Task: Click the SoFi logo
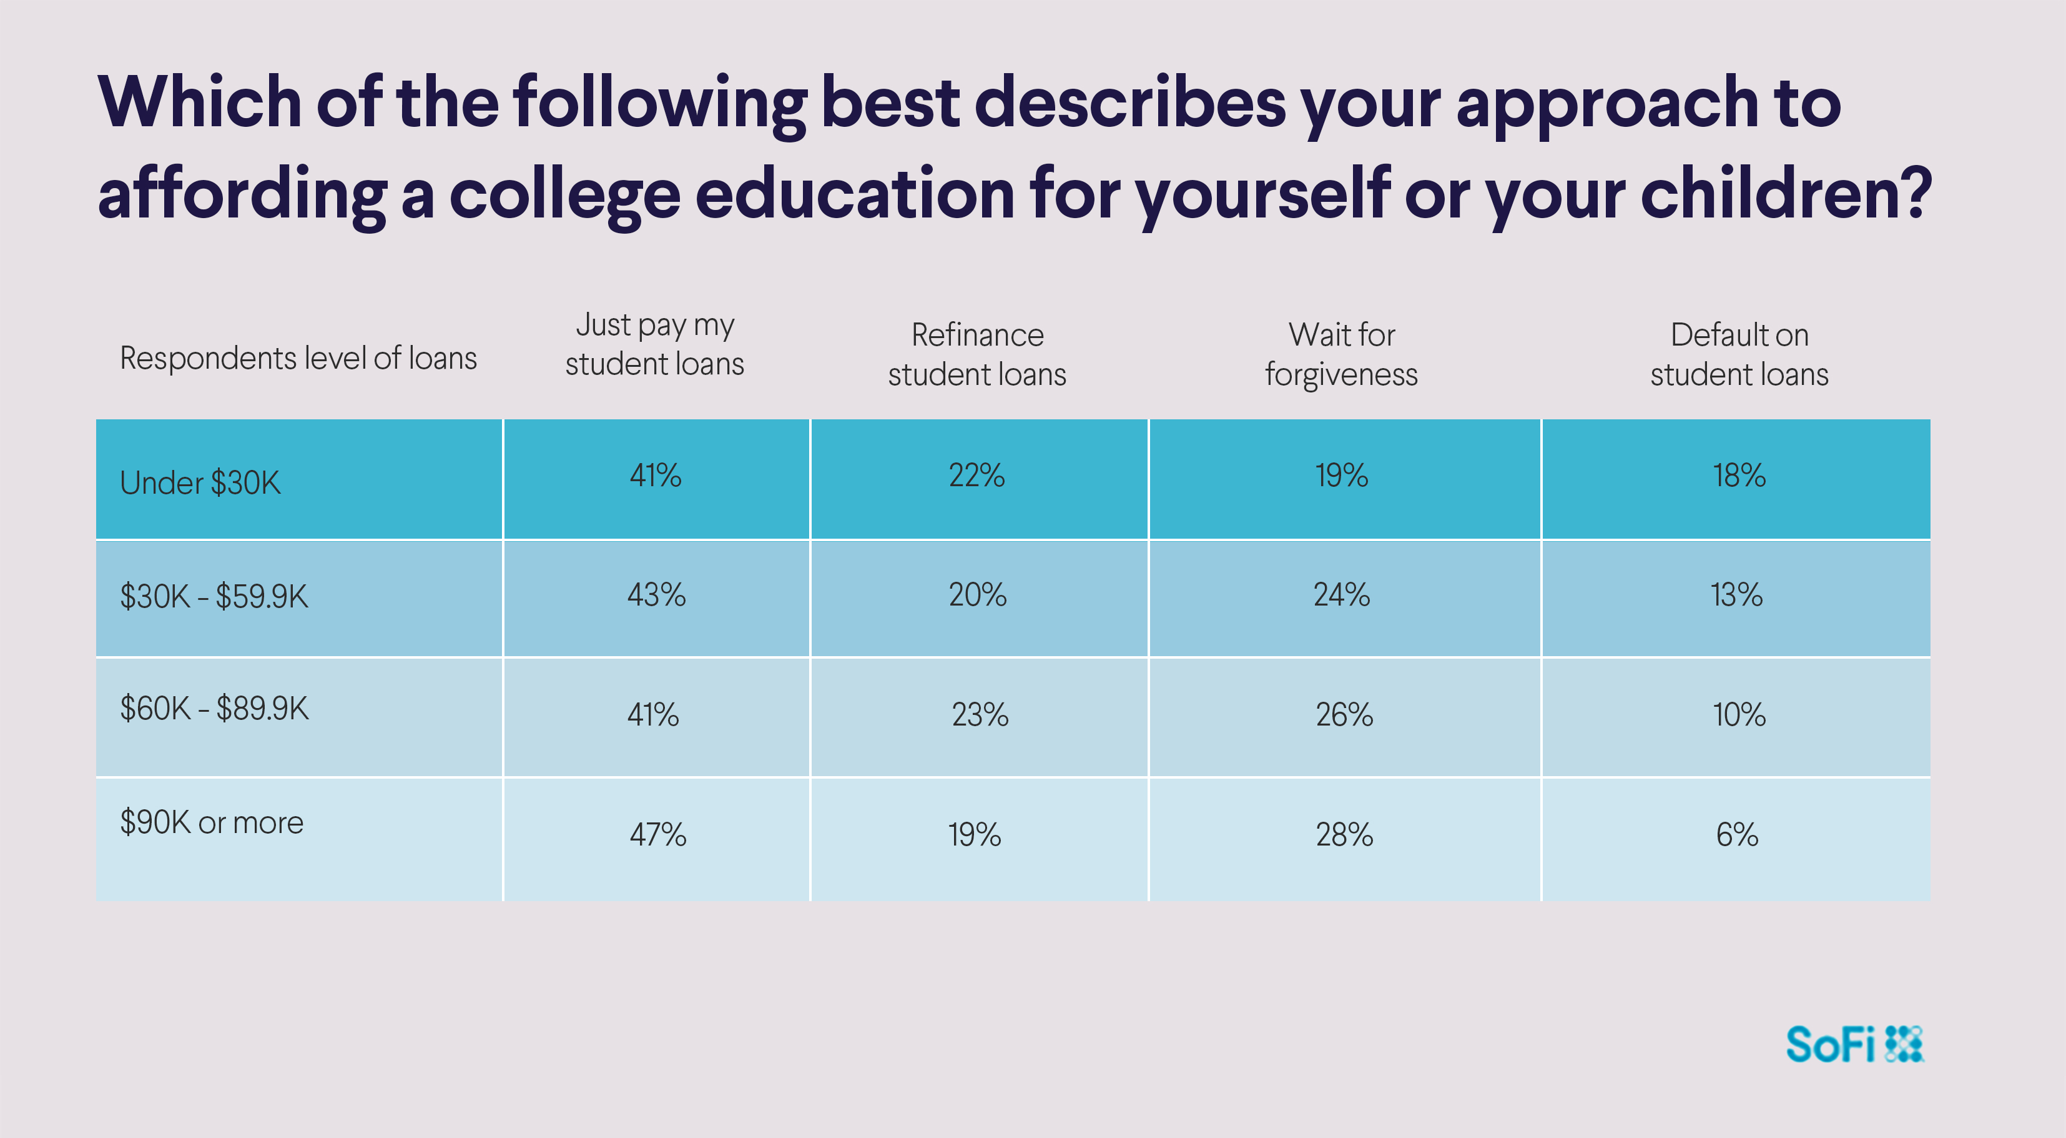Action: pyautogui.click(x=1854, y=1044)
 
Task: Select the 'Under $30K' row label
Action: pyautogui.click(x=200, y=482)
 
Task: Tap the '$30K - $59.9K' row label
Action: pyautogui.click(x=214, y=596)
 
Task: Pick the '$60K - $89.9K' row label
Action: pyautogui.click(x=214, y=709)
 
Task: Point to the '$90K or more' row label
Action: pyautogui.click(x=212, y=822)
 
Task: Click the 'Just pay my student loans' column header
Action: pyautogui.click(x=654, y=344)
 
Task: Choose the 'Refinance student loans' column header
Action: pyautogui.click(x=977, y=354)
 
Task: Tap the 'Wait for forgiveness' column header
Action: pyautogui.click(x=1341, y=354)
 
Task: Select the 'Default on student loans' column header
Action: pyautogui.click(x=1739, y=354)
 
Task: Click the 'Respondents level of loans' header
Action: pyautogui.click(x=298, y=358)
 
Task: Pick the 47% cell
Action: pyautogui.click(x=657, y=835)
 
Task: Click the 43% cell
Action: pyautogui.click(x=656, y=595)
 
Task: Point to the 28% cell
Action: pyautogui.click(x=1344, y=835)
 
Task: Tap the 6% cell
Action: pyautogui.click(x=1737, y=835)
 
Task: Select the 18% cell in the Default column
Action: pyautogui.click(x=1739, y=475)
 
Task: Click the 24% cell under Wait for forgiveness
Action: pyautogui.click(x=1342, y=595)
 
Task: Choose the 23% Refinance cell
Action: pyautogui.click(x=979, y=714)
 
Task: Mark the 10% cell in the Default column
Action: pyautogui.click(x=1739, y=714)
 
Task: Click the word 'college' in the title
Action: pyautogui.click(x=564, y=195)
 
